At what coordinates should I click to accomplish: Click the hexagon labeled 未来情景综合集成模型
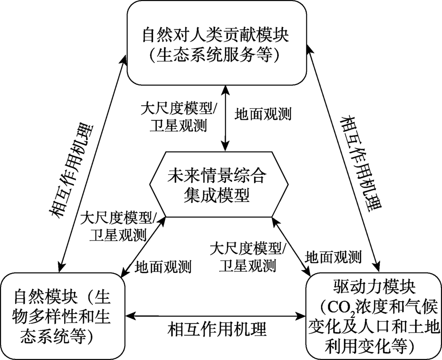tap(219, 184)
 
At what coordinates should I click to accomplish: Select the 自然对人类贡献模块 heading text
tap(216, 35)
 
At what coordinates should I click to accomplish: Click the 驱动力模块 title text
tap(374, 288)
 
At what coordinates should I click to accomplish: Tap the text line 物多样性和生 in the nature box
tap(61, 317)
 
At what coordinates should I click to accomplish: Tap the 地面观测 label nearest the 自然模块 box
tap(163, 266)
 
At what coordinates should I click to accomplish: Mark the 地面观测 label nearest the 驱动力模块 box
tap(333, 257)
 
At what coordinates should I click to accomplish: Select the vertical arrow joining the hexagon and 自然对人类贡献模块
tap(225, 118)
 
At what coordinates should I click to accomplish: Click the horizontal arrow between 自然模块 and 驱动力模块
tap(215, 315)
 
